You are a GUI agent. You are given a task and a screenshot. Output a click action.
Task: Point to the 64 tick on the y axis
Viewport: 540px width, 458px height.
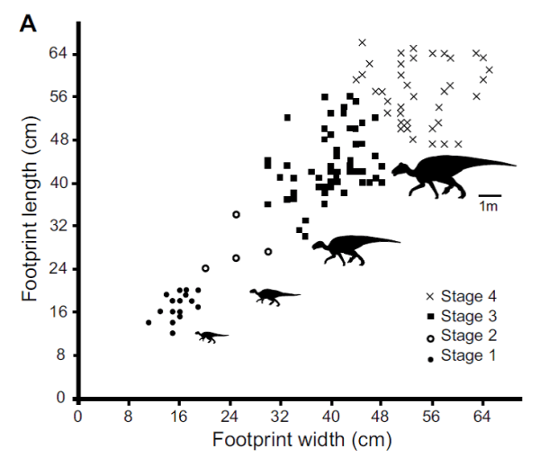[x=62, y=54]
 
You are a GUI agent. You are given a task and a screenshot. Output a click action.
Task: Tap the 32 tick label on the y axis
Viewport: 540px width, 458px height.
[x=62, y=227]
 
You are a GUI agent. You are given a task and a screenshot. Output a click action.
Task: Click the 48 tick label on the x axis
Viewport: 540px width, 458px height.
[x=382, y=417]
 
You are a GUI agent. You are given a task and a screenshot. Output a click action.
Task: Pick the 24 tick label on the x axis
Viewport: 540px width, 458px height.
[x=229, y=417]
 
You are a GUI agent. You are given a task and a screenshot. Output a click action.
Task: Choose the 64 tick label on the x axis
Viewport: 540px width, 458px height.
[x=483, y=417]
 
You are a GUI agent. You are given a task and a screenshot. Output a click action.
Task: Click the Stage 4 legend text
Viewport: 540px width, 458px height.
[x=472, y=296]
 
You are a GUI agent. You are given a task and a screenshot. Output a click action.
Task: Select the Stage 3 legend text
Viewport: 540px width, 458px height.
[x=472, y=316]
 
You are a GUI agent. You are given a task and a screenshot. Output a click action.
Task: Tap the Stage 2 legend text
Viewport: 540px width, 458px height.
[x=472, y=337]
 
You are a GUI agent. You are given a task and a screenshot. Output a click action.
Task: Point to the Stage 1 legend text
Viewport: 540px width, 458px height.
[x=472, y=356]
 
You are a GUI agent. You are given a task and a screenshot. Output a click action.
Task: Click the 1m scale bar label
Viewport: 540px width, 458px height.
[x=489, y=207]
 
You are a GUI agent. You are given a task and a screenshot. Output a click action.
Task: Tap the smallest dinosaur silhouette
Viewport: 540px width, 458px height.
[x=211, y=337]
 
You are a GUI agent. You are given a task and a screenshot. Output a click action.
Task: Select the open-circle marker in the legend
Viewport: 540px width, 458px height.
[x=430, y=337]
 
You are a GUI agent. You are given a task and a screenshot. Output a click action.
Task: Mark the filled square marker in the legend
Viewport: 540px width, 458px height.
[x=430, y=317]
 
